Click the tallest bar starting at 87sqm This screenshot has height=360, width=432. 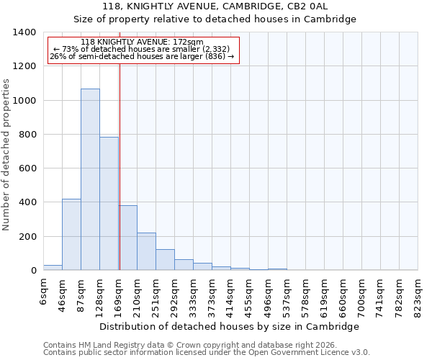90,180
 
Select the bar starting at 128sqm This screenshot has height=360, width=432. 109,204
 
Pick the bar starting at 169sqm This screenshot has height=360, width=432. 127,238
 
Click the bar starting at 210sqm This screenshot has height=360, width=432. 146,251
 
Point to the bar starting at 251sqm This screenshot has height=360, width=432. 165,260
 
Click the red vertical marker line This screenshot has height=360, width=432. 120,166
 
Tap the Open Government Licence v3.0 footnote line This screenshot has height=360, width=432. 206,353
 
